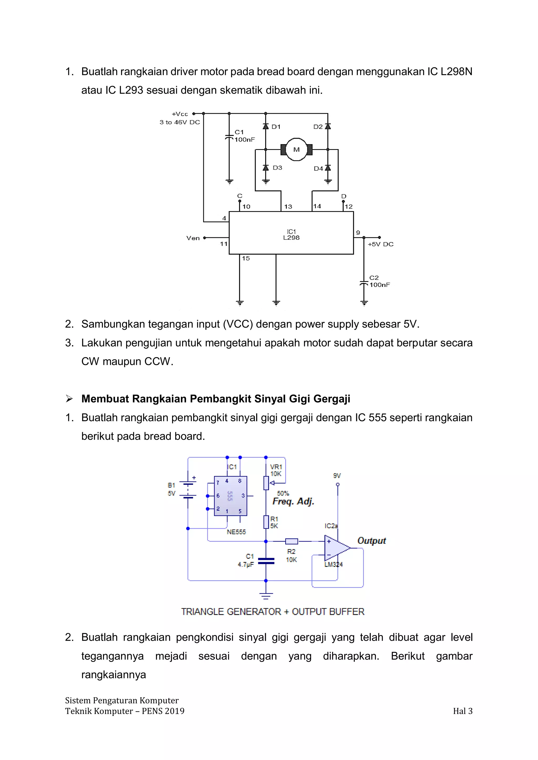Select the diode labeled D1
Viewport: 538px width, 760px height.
[x=266, y=127]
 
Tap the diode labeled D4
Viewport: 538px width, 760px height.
[x=328, y=168]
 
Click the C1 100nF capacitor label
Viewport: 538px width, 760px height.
[x=244, y=136]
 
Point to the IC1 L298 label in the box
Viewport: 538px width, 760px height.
[x=291, y=235]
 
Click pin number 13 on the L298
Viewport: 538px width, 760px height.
[x=288, y=207]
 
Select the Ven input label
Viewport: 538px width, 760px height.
[x=193, y=238]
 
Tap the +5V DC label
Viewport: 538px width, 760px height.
[x=380, y=244]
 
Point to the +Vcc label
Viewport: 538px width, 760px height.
[x=180, y=114]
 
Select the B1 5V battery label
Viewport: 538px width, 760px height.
[x=171, y=489]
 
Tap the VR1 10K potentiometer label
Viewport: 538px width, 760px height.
[x=276, y=470]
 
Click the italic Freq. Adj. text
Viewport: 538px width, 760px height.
[x=293, y=501]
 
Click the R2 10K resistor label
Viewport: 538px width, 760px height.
[x=291, y=555]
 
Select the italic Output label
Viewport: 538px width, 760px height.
[x=371, y=541]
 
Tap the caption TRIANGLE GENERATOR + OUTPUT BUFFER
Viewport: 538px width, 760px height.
[x=272, y=612]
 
